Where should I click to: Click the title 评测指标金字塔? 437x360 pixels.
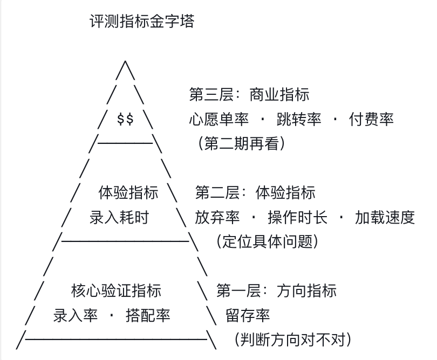coord(141,23)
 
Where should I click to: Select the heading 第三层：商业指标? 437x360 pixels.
coord(249,95)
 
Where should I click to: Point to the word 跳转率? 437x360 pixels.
coord(299,119)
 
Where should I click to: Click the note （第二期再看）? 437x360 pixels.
coord(241,143)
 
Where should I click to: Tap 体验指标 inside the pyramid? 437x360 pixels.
coord(128,192)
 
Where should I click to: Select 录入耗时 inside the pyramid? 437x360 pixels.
coord(118,218)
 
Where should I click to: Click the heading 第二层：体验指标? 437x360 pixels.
coord(255,192)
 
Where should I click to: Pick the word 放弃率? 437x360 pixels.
coord(217,218)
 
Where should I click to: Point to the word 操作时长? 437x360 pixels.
coord(297,218)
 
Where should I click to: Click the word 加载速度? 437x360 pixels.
coord(385,218)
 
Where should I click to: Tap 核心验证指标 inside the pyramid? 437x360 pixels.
coord(115,291)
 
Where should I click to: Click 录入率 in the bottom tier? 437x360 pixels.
coord(76,316)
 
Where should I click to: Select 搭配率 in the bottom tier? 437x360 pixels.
coord(148,316)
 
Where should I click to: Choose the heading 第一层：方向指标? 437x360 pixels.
coord(276,291)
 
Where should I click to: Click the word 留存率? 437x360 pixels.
coord(248,316)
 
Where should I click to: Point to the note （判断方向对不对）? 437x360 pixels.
coord(293,340)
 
